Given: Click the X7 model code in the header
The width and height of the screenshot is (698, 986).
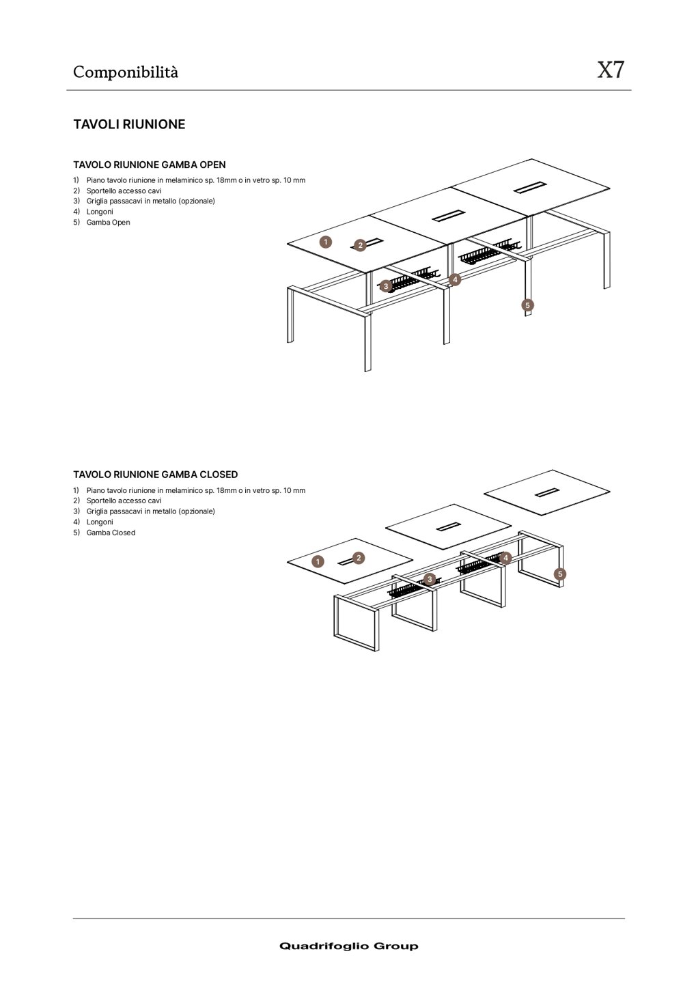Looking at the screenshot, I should coord(610,70).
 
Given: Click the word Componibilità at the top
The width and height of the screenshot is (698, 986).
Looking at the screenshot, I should coord(126,72).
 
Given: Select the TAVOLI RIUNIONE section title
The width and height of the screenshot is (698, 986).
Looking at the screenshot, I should coord(129,124).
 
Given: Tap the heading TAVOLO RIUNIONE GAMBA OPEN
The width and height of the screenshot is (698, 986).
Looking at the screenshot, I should coord(149,165).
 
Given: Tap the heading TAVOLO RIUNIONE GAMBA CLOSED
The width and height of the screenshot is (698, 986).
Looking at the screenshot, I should coord(155,475).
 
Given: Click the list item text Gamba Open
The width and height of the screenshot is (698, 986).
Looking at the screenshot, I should coord(108,223).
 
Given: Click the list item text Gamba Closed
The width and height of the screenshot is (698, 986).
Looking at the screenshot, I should coord(111,533).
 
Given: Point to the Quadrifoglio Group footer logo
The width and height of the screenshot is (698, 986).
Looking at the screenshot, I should coord(348,946).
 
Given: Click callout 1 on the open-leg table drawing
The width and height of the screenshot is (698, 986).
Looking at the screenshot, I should coord(326,242).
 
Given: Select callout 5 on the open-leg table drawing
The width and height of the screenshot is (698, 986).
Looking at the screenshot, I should coord(527,305).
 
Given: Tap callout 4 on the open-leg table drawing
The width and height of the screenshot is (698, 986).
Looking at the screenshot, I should coord(455,279).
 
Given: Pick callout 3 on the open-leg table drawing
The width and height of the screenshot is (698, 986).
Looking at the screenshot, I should coord(385,286).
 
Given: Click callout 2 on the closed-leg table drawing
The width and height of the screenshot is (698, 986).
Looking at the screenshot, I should coord(359,558).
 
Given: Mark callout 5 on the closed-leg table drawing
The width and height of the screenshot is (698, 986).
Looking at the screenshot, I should coord(560,574).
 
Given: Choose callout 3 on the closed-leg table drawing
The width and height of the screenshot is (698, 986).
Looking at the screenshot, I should coord(430,579).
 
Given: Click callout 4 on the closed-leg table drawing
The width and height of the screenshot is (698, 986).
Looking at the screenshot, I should coord(505,558).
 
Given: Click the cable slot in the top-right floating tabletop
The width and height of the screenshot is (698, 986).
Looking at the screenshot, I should coord(548,492).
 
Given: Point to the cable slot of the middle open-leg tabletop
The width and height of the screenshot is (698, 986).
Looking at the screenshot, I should coord(448,216).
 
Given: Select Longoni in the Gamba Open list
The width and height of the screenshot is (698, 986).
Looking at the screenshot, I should coord(100,212).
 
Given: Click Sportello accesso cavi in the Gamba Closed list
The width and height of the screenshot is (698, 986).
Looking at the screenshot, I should coord(124,501).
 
